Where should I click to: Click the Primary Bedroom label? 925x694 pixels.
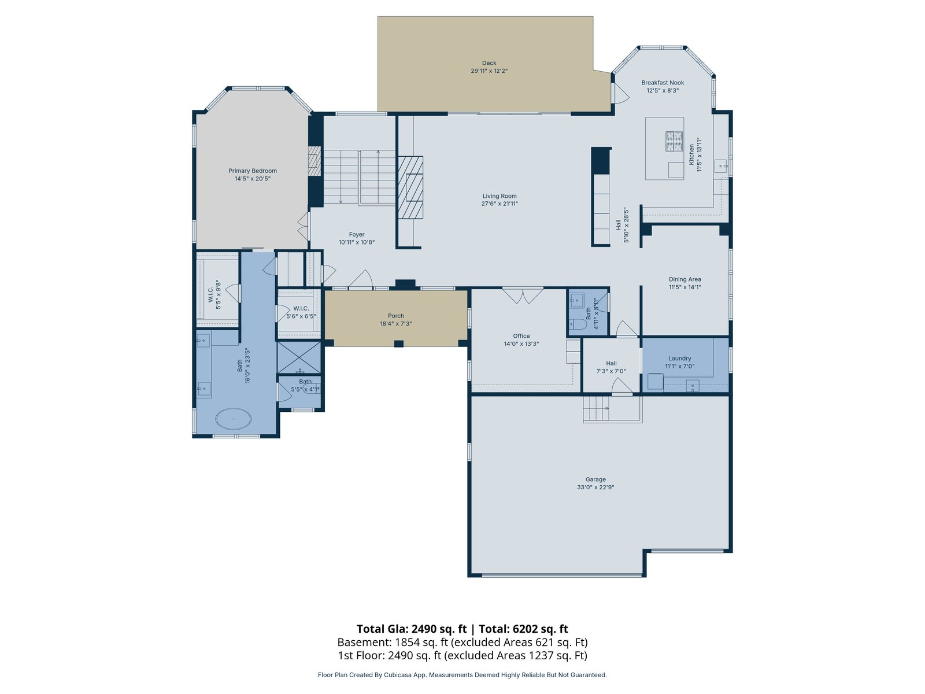pos(253,171)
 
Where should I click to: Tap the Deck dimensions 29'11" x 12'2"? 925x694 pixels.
pos(489,71)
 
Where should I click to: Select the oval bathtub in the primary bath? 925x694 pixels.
pos(234,419)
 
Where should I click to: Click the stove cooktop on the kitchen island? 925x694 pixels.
pos(674,141)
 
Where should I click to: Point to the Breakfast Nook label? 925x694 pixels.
pos(663,83)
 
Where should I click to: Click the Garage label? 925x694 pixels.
pos(595,479)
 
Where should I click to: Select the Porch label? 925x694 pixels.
pos(395,316)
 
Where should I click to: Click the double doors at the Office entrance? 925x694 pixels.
pos(523,296)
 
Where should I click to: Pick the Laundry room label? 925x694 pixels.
pos(679,358)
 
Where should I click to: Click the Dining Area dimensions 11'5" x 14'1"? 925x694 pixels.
pos(685,287)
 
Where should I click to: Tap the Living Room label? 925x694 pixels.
pos(499,196)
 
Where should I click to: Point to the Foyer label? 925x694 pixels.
pos(357,234)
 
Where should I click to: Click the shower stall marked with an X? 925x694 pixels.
pos(299,357)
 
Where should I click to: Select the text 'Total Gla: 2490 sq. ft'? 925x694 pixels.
pos(411,629)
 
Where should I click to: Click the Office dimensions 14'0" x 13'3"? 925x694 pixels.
pos(521,344)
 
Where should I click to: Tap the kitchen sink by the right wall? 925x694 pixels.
pos(720,166)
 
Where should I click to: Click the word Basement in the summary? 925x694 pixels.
pos(364,642)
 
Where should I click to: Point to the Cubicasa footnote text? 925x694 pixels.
pos(462,674)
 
